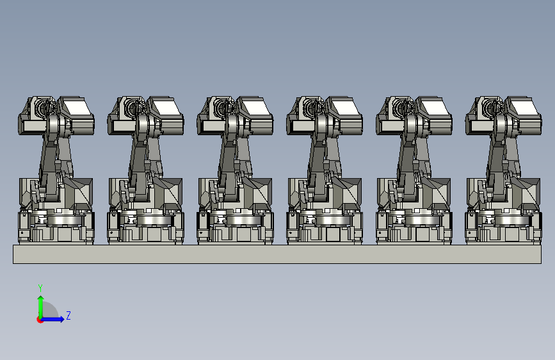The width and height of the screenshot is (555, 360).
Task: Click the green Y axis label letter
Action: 40,288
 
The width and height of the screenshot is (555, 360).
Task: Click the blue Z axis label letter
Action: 68,315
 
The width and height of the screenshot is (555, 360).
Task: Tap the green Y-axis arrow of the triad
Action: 41,307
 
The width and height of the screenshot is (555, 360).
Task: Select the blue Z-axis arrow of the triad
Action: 52,319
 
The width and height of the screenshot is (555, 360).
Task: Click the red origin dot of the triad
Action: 40,320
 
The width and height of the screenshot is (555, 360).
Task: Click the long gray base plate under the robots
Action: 277,254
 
